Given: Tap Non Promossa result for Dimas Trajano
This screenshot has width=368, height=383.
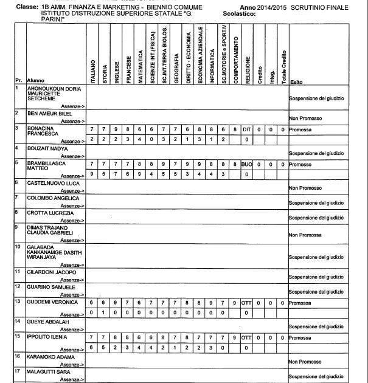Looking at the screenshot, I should (305, 235).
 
